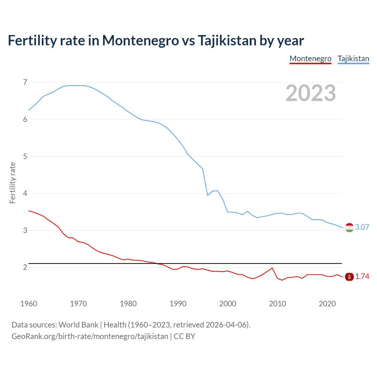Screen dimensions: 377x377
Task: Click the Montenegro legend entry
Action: click(310, 59)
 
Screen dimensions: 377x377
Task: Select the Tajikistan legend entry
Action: click(353, 59)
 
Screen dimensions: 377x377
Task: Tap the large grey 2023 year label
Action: click(310, 93)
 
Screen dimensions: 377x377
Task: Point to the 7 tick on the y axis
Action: click(25, 82)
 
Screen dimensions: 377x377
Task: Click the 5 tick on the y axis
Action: click(25, 156)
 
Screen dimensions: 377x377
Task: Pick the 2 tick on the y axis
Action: click(25, 267)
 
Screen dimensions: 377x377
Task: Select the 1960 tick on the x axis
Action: click(29, 304)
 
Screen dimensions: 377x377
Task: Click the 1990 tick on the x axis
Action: click(178, 304)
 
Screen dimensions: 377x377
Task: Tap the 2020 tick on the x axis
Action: click(327, 304)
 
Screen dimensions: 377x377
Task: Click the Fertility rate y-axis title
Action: click(12, 183)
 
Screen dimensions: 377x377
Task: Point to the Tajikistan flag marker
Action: click(349, 227)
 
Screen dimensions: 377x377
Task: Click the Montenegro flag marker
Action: click(349, 277)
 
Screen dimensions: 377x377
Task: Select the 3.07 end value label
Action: click(362, 227)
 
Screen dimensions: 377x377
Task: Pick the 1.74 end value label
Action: click(362, 277)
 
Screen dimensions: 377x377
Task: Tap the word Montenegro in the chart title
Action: click(140, 41)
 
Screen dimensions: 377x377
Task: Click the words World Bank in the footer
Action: click(78, 325)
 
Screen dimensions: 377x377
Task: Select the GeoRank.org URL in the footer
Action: click(90, 336)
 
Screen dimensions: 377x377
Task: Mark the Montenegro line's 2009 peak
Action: click(272, 268)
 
